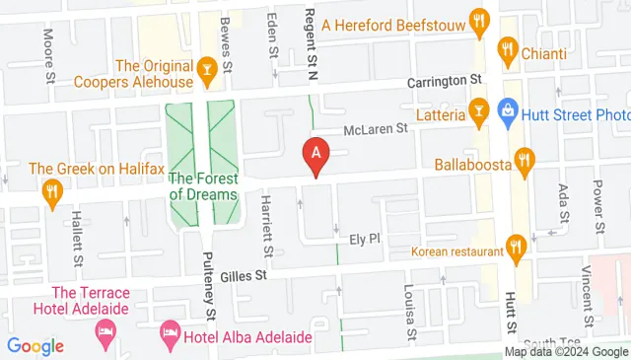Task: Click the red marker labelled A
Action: pyautogui.click(x=315, y=155)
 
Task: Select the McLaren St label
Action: pyautogui.click(x=375, y=128)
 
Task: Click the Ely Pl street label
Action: pyautogui.click(x=365, y=239)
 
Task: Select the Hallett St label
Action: pyautogui.click(x=77, y=243)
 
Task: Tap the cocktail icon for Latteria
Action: pyautogui.click(x=480, y=108)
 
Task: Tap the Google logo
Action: pyautogui.click(x=35, y=346)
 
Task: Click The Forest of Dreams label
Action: pyautogui.click(x=204, y=186)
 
